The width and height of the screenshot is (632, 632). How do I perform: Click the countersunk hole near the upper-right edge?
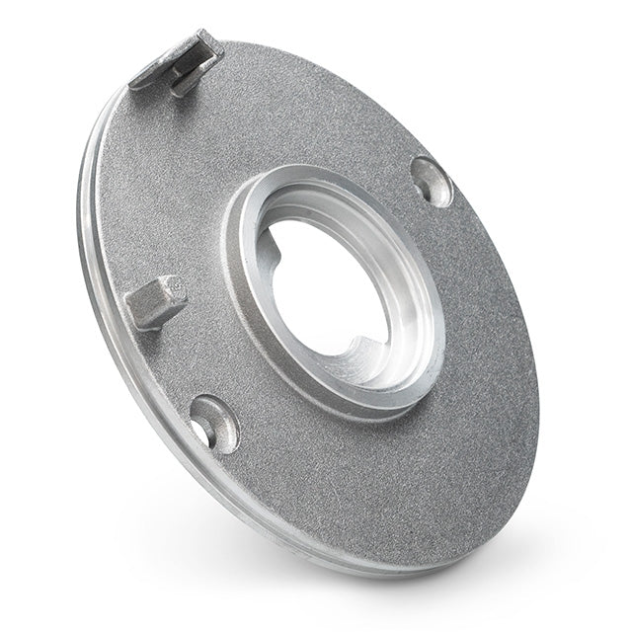(432, 182)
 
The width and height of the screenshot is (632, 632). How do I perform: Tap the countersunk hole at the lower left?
(213, 423)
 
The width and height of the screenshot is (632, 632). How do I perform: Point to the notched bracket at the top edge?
(179, 65)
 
